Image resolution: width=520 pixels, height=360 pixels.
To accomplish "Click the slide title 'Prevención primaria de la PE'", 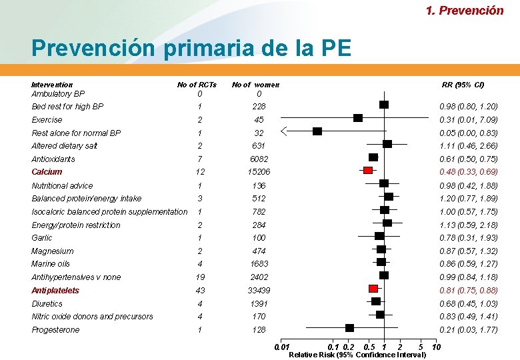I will coord(191,48).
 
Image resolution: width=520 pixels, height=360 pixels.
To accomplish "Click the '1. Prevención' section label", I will coord(465,10).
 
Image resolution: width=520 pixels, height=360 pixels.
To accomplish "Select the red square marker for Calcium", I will coord(368,171).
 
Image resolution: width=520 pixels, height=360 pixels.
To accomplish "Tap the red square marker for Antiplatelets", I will coord(373,289).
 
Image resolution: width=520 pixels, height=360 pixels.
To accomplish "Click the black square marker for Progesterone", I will coord(349,328).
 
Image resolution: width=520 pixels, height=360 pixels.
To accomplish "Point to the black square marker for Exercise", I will coord(358,118).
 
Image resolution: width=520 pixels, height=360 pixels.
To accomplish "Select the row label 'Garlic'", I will coord(42,238).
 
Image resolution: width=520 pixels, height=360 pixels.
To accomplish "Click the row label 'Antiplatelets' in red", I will coord(55,291).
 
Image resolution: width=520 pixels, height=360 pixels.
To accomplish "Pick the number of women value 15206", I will coord(259,172).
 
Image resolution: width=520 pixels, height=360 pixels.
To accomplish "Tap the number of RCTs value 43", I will coord(200,291).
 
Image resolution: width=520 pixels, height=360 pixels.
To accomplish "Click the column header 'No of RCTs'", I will coord(197,85).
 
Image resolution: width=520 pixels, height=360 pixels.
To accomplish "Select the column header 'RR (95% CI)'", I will coord(463,85).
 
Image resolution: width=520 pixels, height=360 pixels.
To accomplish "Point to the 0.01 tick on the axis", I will coord(283,347).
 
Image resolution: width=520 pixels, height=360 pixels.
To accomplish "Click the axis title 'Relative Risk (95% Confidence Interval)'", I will coord(357,355).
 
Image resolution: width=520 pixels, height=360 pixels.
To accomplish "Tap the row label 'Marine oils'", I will coord(51,264).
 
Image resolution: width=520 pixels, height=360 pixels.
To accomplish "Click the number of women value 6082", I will coord(259,159).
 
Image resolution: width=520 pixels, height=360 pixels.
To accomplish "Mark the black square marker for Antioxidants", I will coord(373,157).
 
